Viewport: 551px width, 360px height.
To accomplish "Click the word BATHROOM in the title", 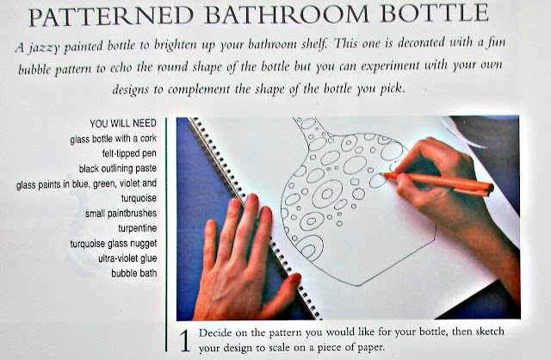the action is (286, 15).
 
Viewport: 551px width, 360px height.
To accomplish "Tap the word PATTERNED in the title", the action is (111, 16).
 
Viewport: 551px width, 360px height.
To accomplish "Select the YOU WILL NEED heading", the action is (123, 123).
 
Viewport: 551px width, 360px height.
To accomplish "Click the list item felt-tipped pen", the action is (129, 153).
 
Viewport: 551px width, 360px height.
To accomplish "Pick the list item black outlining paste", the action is (118, 169).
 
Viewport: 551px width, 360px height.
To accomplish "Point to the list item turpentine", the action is (138, 228).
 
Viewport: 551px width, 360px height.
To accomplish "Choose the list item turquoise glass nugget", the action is (114, 243).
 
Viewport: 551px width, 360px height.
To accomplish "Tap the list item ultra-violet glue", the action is (127, 258).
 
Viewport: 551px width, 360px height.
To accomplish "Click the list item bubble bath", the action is (134, 273).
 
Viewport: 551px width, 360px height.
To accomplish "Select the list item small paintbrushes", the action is (121, 214).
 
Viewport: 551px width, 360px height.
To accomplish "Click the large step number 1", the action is (185, 341).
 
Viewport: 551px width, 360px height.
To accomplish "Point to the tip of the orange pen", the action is (383, 174).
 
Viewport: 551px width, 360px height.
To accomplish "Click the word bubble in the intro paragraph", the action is (34, 69).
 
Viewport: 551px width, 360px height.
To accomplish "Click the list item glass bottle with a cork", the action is (113, 139).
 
